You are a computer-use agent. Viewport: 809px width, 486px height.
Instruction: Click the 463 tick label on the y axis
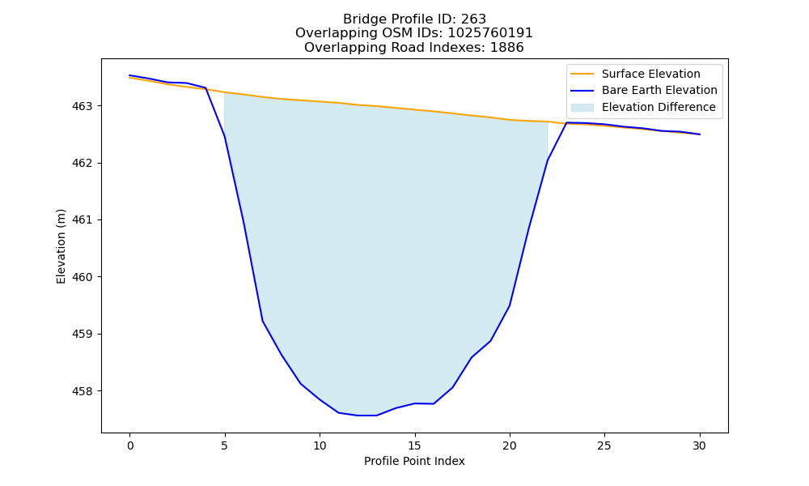[x=81, y=106]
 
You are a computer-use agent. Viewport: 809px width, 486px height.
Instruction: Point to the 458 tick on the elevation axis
[x=81, y=391]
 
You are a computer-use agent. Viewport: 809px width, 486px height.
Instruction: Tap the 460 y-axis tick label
[x=81, y=277]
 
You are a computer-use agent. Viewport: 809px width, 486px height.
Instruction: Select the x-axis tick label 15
[x=415, y=446]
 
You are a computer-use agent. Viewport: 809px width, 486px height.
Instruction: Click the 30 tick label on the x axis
[x=700, y=446]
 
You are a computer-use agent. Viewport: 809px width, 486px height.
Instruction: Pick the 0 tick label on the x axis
[x=130, y=446]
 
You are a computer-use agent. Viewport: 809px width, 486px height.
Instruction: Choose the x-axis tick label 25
[x=604, y=446]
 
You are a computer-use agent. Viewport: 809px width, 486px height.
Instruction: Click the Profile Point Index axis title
[x=414, y=461]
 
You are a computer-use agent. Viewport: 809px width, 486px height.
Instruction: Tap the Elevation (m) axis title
[x=61, y=246]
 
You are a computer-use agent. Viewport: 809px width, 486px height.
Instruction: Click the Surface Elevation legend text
[x=651, y=74]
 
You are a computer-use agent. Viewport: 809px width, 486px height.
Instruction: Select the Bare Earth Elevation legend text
[x=659, y=91]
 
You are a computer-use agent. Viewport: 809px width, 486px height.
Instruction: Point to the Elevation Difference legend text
[x=659, y=107]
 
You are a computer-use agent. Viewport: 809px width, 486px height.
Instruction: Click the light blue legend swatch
[x=582, y=108]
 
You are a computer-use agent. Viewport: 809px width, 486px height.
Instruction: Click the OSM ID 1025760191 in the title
[x=490, y=33]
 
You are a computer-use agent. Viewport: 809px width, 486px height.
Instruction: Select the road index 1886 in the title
[x=506, y=48]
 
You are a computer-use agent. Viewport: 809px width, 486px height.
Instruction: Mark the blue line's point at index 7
[x=263, y=322]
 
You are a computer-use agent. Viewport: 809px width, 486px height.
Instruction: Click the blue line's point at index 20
[x=510, y=305]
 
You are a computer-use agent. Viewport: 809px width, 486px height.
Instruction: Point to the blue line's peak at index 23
[x=566, y=122]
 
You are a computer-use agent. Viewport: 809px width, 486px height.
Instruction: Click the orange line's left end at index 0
[x=130, y=78]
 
